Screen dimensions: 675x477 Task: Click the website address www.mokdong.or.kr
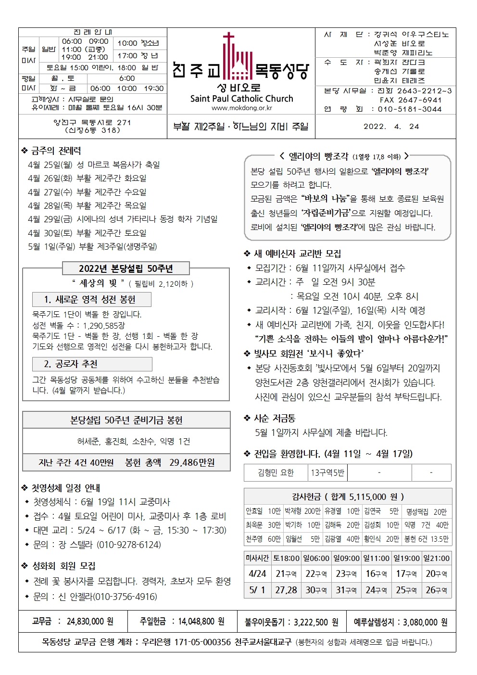(241, 108)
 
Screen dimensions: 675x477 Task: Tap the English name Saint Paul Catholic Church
(241, 99)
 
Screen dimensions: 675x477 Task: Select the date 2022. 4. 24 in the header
(391, 127)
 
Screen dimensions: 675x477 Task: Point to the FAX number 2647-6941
(411, 100)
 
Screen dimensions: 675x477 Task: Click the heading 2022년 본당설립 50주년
(126, 268)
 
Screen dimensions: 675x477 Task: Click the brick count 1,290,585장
(103, 325)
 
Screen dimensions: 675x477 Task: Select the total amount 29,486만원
(192, 462)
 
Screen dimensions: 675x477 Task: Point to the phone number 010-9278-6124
(129, 545)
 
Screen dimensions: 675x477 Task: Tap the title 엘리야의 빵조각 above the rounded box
(318, 156)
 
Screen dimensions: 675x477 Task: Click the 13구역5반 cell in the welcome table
(327, 472)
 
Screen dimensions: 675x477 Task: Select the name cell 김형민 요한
(276, 472)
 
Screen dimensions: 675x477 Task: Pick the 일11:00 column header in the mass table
(377, 558)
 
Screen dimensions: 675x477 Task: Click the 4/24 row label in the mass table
(257, 573)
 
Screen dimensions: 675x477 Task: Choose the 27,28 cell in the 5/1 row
(286, 590)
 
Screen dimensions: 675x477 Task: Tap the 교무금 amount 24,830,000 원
(90, 622)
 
